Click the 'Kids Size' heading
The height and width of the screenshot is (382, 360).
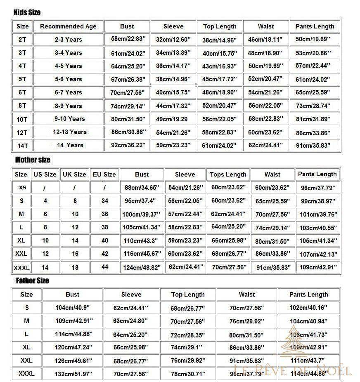pos(27,13)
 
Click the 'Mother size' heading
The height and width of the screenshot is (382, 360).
pos(33,160)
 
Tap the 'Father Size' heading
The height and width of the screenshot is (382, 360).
pos(32,281)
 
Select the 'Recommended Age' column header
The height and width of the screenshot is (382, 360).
pos(68,26)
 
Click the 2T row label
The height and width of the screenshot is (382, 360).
pos(22,40)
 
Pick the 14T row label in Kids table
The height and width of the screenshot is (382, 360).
pos(23,146)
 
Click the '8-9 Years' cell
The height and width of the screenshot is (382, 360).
pos(69,106)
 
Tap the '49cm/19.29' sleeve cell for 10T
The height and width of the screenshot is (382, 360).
pos(172,119)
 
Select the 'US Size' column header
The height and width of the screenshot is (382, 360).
pos(45,174)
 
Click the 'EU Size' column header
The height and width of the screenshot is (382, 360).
pos(104,174)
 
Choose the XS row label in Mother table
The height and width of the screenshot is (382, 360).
pos(22,187)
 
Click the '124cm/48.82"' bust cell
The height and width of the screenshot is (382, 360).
pos(142,267)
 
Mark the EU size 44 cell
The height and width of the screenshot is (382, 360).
pos(105,267)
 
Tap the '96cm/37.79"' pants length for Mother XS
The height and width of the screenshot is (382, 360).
pos(318,188)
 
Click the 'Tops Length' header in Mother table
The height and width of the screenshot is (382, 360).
pos(228,174)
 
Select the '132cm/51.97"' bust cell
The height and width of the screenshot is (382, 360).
pos(73,374)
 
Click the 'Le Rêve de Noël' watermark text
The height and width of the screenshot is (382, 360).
pos(293,370)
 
